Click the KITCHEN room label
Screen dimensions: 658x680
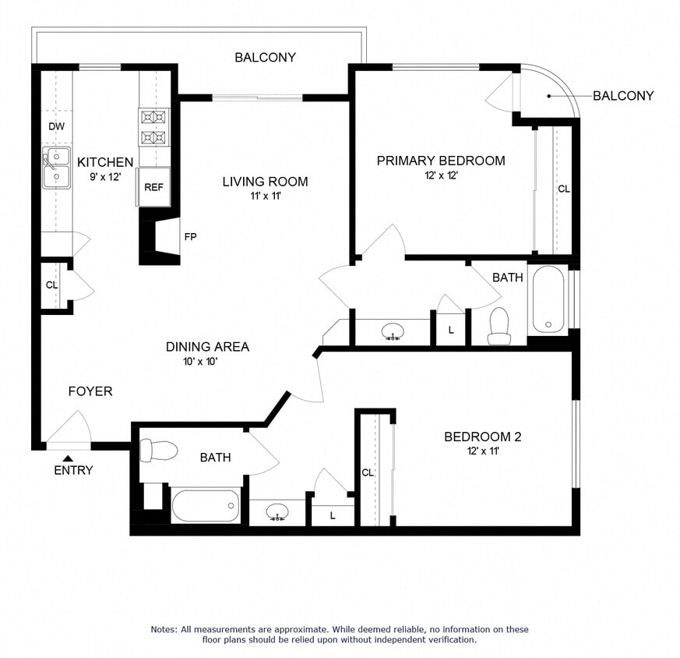tap(105, 162)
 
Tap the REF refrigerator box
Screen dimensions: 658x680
tap(153, 188)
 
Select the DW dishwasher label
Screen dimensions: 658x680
tap(55, 126)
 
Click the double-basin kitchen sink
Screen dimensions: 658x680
tap(55, 168)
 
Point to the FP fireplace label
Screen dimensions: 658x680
tap(189, 237)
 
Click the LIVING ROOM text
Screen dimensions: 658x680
tap(265, 182)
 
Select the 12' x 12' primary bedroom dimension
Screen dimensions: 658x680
tap(440, 175)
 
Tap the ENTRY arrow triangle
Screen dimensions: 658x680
tap(69, 458)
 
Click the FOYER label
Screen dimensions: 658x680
tap(90, 391)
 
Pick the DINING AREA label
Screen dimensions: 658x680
tap(207, 347)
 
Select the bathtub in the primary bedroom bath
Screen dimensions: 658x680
tap(549, 300)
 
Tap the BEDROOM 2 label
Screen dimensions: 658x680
tap(482, 437)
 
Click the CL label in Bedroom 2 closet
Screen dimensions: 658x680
tap(368, 472)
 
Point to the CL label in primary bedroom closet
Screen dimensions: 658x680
tap(563, 189)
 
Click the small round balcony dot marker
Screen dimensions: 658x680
tap(548, 96)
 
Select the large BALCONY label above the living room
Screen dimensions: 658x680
tap(266, 57)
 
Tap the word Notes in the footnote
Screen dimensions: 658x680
tap(167, 629)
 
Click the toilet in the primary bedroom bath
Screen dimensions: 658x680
tap(498, 325)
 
